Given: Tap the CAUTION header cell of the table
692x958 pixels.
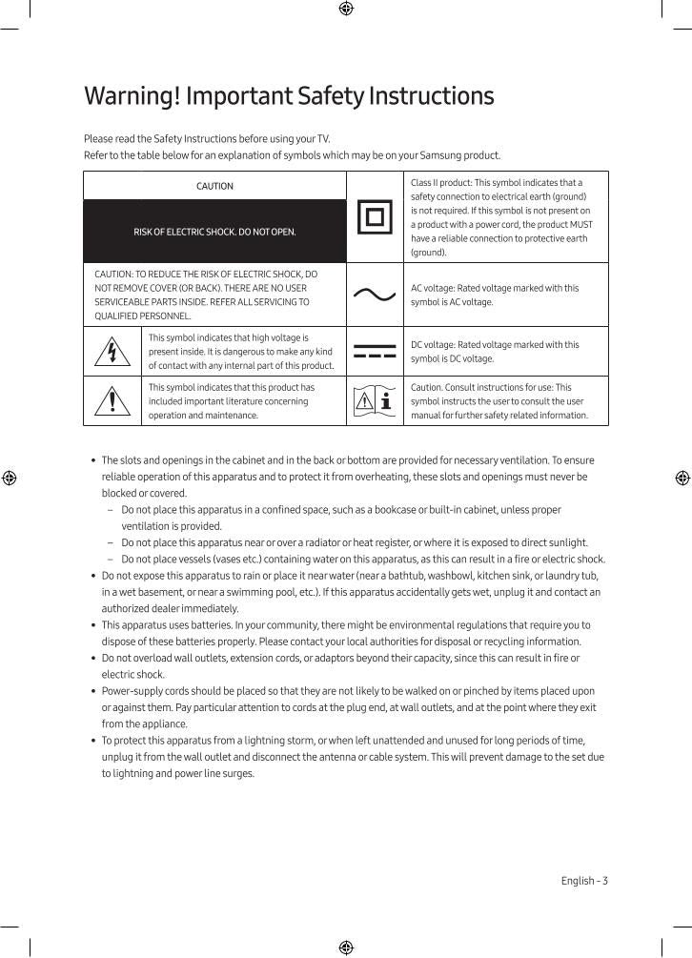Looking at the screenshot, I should coord(214,186).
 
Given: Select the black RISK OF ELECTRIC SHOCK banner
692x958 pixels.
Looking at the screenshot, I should coord(214,232).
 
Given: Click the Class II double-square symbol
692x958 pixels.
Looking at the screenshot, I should coord(374,218).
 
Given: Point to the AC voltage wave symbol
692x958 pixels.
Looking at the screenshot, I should coord(374,295).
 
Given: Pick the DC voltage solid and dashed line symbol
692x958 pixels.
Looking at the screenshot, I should coord(374,352).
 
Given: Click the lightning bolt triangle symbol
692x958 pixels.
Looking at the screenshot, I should coord(112,353).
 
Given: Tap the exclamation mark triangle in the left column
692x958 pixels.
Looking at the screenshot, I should coord(112,401).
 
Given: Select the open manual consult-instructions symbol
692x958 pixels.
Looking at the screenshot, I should coord(374,401).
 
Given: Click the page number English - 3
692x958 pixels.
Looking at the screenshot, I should coord(583,881).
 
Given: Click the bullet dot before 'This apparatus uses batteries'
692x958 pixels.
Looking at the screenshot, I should coord(92,625).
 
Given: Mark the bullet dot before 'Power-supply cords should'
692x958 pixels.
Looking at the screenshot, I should coord(92,691).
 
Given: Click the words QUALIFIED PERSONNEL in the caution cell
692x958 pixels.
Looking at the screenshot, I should coord(143,316).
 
